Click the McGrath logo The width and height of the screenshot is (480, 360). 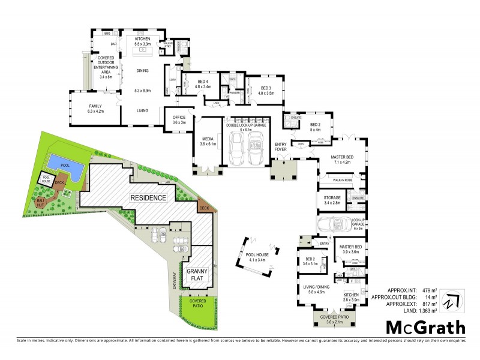425,328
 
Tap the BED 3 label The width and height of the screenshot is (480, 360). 265,88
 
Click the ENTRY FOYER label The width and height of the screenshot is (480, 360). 281,146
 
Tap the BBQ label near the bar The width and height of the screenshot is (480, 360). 107,34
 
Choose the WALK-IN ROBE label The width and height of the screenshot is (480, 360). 344,178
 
